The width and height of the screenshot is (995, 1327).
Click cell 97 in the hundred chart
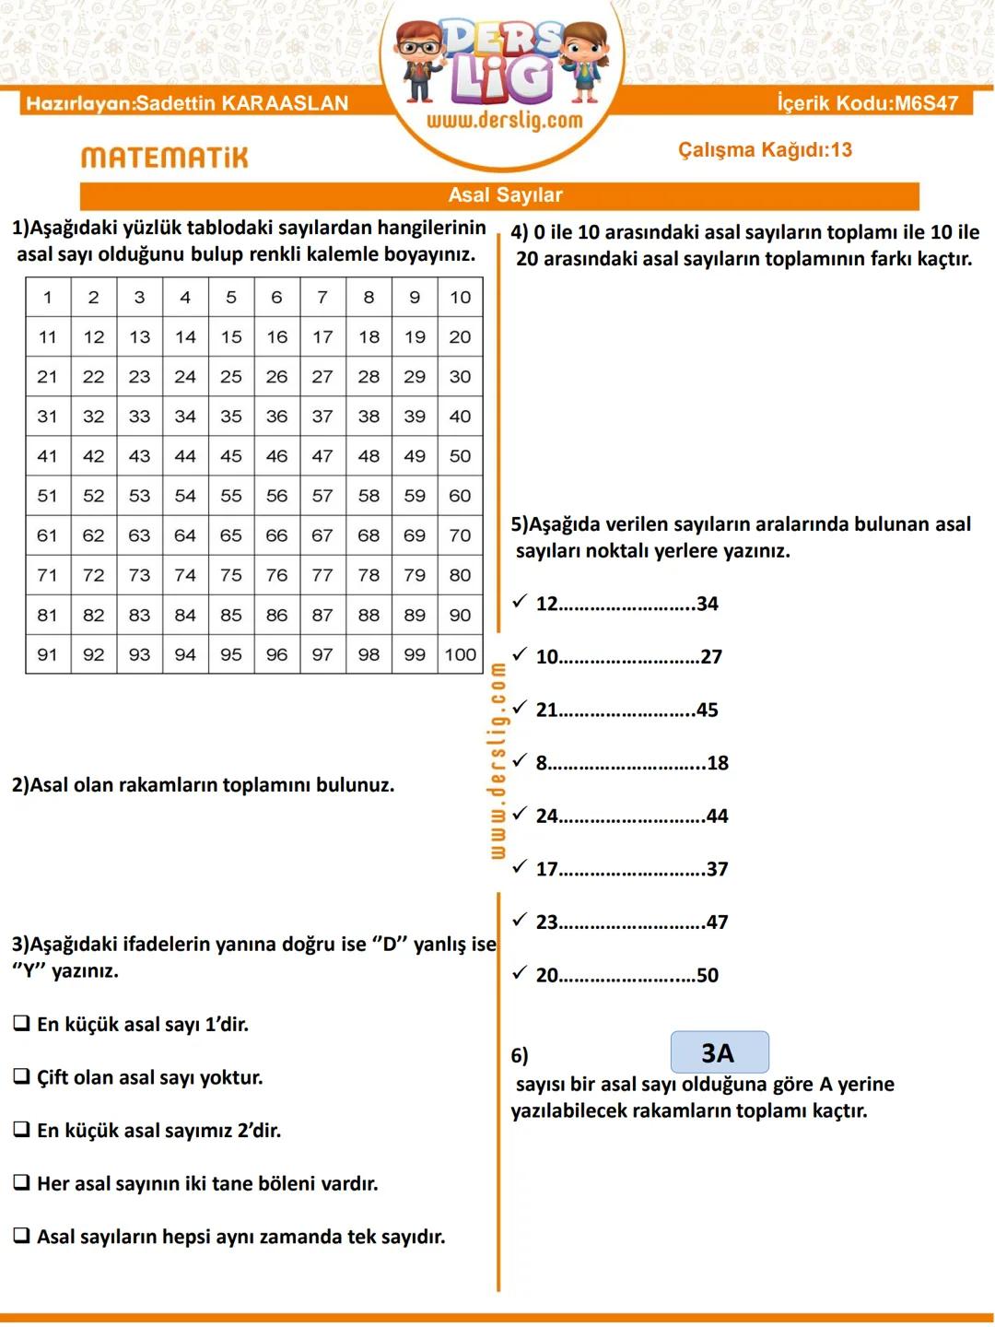(322, 654)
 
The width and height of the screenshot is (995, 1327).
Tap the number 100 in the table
(461, 654)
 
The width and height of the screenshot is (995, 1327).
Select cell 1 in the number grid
(48, 297)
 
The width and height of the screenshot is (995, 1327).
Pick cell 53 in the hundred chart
(139, 496)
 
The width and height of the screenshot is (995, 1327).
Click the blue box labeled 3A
(719, 1052)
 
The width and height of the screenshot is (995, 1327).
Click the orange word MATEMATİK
(165, 158)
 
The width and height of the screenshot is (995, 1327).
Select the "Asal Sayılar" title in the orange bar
(505, 195)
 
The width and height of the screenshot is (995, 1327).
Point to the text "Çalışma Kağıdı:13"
(765, 150)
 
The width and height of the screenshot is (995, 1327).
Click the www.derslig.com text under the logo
(504, 121)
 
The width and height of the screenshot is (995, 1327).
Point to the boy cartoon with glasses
(420, 60)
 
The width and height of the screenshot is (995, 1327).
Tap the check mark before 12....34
(520, 602)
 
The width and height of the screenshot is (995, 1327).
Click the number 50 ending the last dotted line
(708, 975)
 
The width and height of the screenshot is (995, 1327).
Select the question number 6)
(520, 1056)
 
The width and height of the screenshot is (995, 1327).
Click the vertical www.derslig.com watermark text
(497, 761)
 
